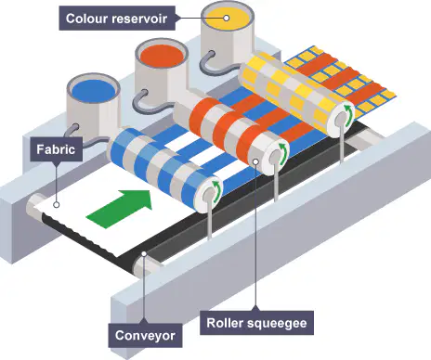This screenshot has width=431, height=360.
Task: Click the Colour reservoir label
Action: (x=117, y=19)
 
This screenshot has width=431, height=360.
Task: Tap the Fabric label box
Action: (x=56, y=149)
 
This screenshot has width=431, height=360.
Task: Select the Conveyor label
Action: (x=145, y=335)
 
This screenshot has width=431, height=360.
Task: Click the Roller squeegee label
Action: (x=256, y=323)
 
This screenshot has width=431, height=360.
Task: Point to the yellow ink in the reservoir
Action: (x=226, y=19)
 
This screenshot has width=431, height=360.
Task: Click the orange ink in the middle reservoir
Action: (x=162, y=57)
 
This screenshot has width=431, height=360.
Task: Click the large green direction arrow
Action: (x=120, y=208)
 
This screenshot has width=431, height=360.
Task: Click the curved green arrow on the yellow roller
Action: (x=349, y=115)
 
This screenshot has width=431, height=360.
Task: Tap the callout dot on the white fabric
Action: (x=56, y=204)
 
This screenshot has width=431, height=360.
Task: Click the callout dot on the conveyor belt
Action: (x=144, y=253)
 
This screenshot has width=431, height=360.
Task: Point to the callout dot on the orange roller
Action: (x=255, y=161)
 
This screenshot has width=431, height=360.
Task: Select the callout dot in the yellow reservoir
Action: (x=227, y=18)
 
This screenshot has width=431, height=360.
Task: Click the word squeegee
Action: (x=277, y=323)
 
